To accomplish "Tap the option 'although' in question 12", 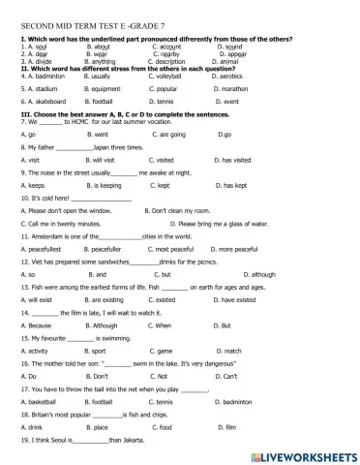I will tap(262, 300).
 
